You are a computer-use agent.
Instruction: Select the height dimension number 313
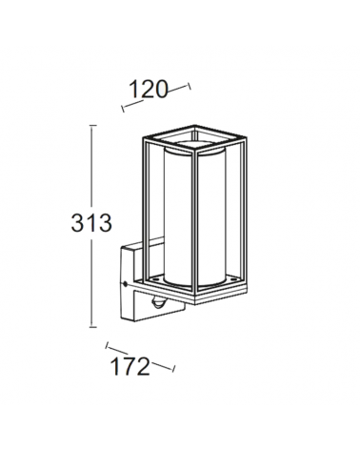coord(92,224)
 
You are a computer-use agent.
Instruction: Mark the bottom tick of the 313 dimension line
coord(91,328)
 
